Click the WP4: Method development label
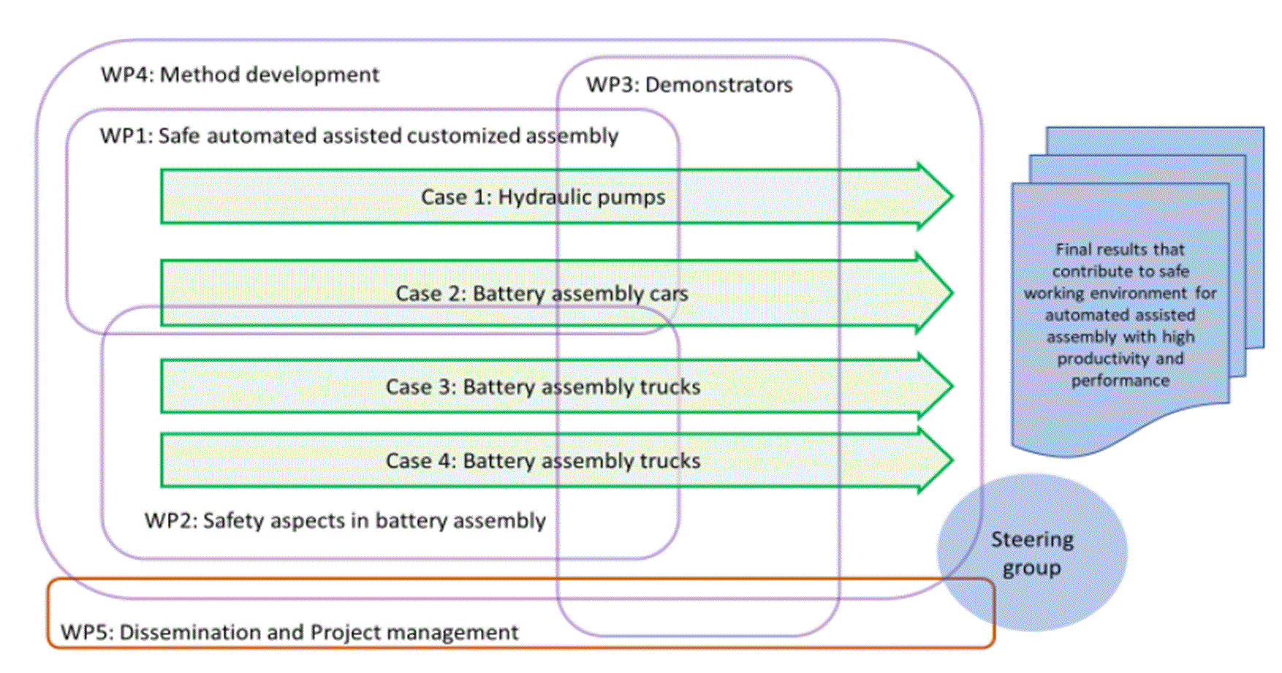[x=240, y=75]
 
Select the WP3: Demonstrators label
[x=689, y=85]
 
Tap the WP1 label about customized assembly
[x=359, y=136]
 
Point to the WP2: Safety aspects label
[x=345, y=520]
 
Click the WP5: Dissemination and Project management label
[x=289, y=632]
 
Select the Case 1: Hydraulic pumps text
[x=543, y=197]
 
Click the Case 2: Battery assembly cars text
[x=542, y=294]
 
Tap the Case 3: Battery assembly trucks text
[x=543, y=387]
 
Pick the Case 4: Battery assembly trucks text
[x=543, y=461]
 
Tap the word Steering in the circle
[x=1032, y=539]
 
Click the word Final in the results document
[x=1073, y=249]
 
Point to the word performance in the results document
[x=1120, y=381]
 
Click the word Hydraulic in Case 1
[x=539, y=197]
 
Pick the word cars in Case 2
[x=669, y=294]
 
